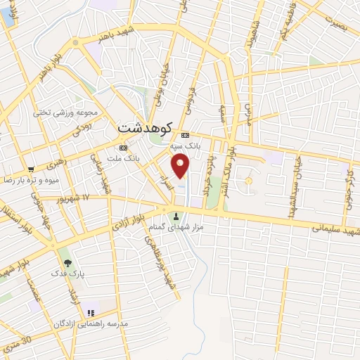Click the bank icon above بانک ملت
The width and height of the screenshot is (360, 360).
coord(124,148)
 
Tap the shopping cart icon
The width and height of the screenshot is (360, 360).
coord(31,169)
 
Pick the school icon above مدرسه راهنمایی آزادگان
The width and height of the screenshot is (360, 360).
coord(90,313)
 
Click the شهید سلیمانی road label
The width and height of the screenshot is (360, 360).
coord(331,229)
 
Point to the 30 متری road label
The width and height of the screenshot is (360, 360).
coord(17,342)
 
